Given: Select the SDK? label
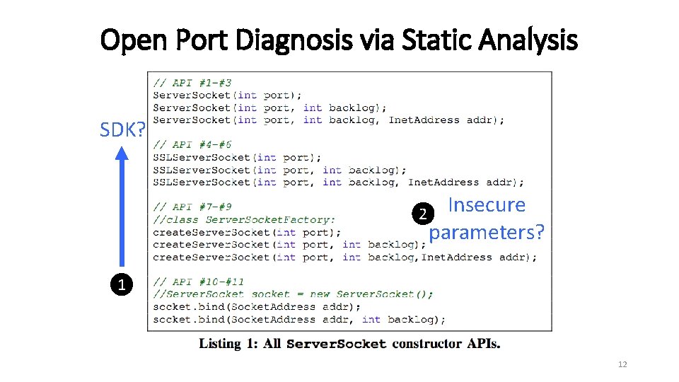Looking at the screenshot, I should click(x=122, y=130).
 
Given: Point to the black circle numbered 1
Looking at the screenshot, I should click(x=122, y=286).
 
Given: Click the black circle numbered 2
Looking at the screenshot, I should click(x=422, y=214).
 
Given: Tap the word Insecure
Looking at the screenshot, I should click(x=487, y=205).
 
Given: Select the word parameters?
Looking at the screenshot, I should click(x=487, y=232).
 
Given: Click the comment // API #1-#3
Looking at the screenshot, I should click(x=192, y=83).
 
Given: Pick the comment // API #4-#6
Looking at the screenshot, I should click(x=192, y=145).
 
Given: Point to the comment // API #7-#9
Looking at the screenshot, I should click(x=192, y=207).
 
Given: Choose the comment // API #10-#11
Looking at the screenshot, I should click(x=199, y=282).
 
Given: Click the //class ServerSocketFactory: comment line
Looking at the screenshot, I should click(x=244, y=219).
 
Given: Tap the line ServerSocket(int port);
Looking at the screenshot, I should click(x=227, y=95).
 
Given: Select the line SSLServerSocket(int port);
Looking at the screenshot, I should click(x=237, y=157).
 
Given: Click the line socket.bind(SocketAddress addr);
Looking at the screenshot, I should click(x=257, y=306).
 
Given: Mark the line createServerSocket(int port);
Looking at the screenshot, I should click(x=246, y=232).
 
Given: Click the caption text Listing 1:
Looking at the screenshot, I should click(x=228, y=344).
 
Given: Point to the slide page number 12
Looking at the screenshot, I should click(x=622, y=364).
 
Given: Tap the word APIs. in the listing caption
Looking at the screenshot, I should click(x=483, y=344).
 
